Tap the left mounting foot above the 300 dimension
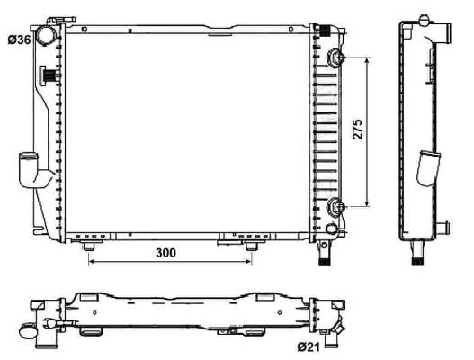point(90,245)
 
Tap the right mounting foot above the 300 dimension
point(252,245)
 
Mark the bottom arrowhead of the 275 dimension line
point(366,204)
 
